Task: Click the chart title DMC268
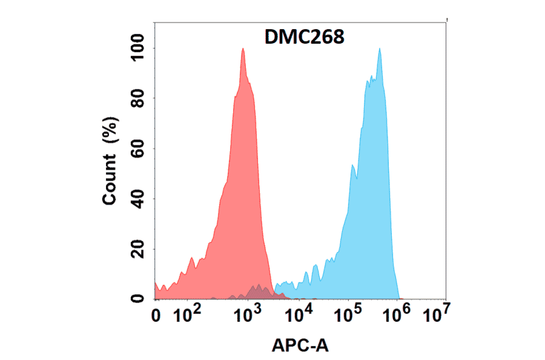[305, 38]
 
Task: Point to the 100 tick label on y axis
[138, 48]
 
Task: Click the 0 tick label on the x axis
[157, 315]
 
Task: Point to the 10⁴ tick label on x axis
[298, 314]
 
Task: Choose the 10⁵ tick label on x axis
[349, 314]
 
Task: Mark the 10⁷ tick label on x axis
[436, 314]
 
